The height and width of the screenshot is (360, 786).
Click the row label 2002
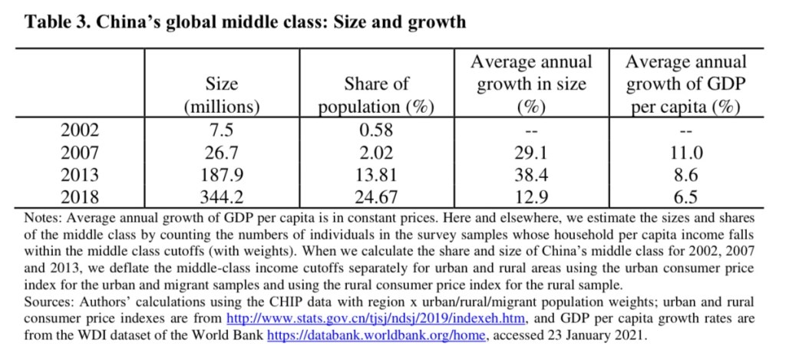tap(80, 131)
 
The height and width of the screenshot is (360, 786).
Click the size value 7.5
tap(222, 131)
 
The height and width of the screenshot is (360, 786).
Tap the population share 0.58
tap(376, 131)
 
